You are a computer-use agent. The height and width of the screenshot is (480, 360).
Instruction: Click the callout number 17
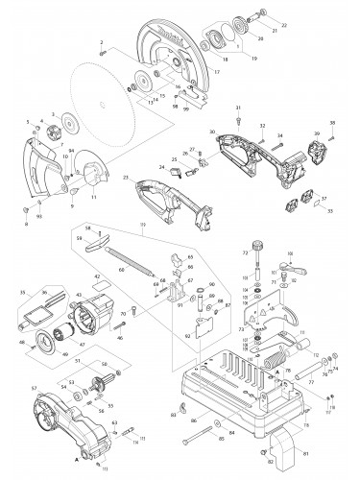217,73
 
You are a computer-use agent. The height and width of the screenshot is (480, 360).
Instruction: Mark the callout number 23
127,179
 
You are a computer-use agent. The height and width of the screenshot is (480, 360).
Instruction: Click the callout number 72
245,252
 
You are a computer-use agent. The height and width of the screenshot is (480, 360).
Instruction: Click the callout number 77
312,381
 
